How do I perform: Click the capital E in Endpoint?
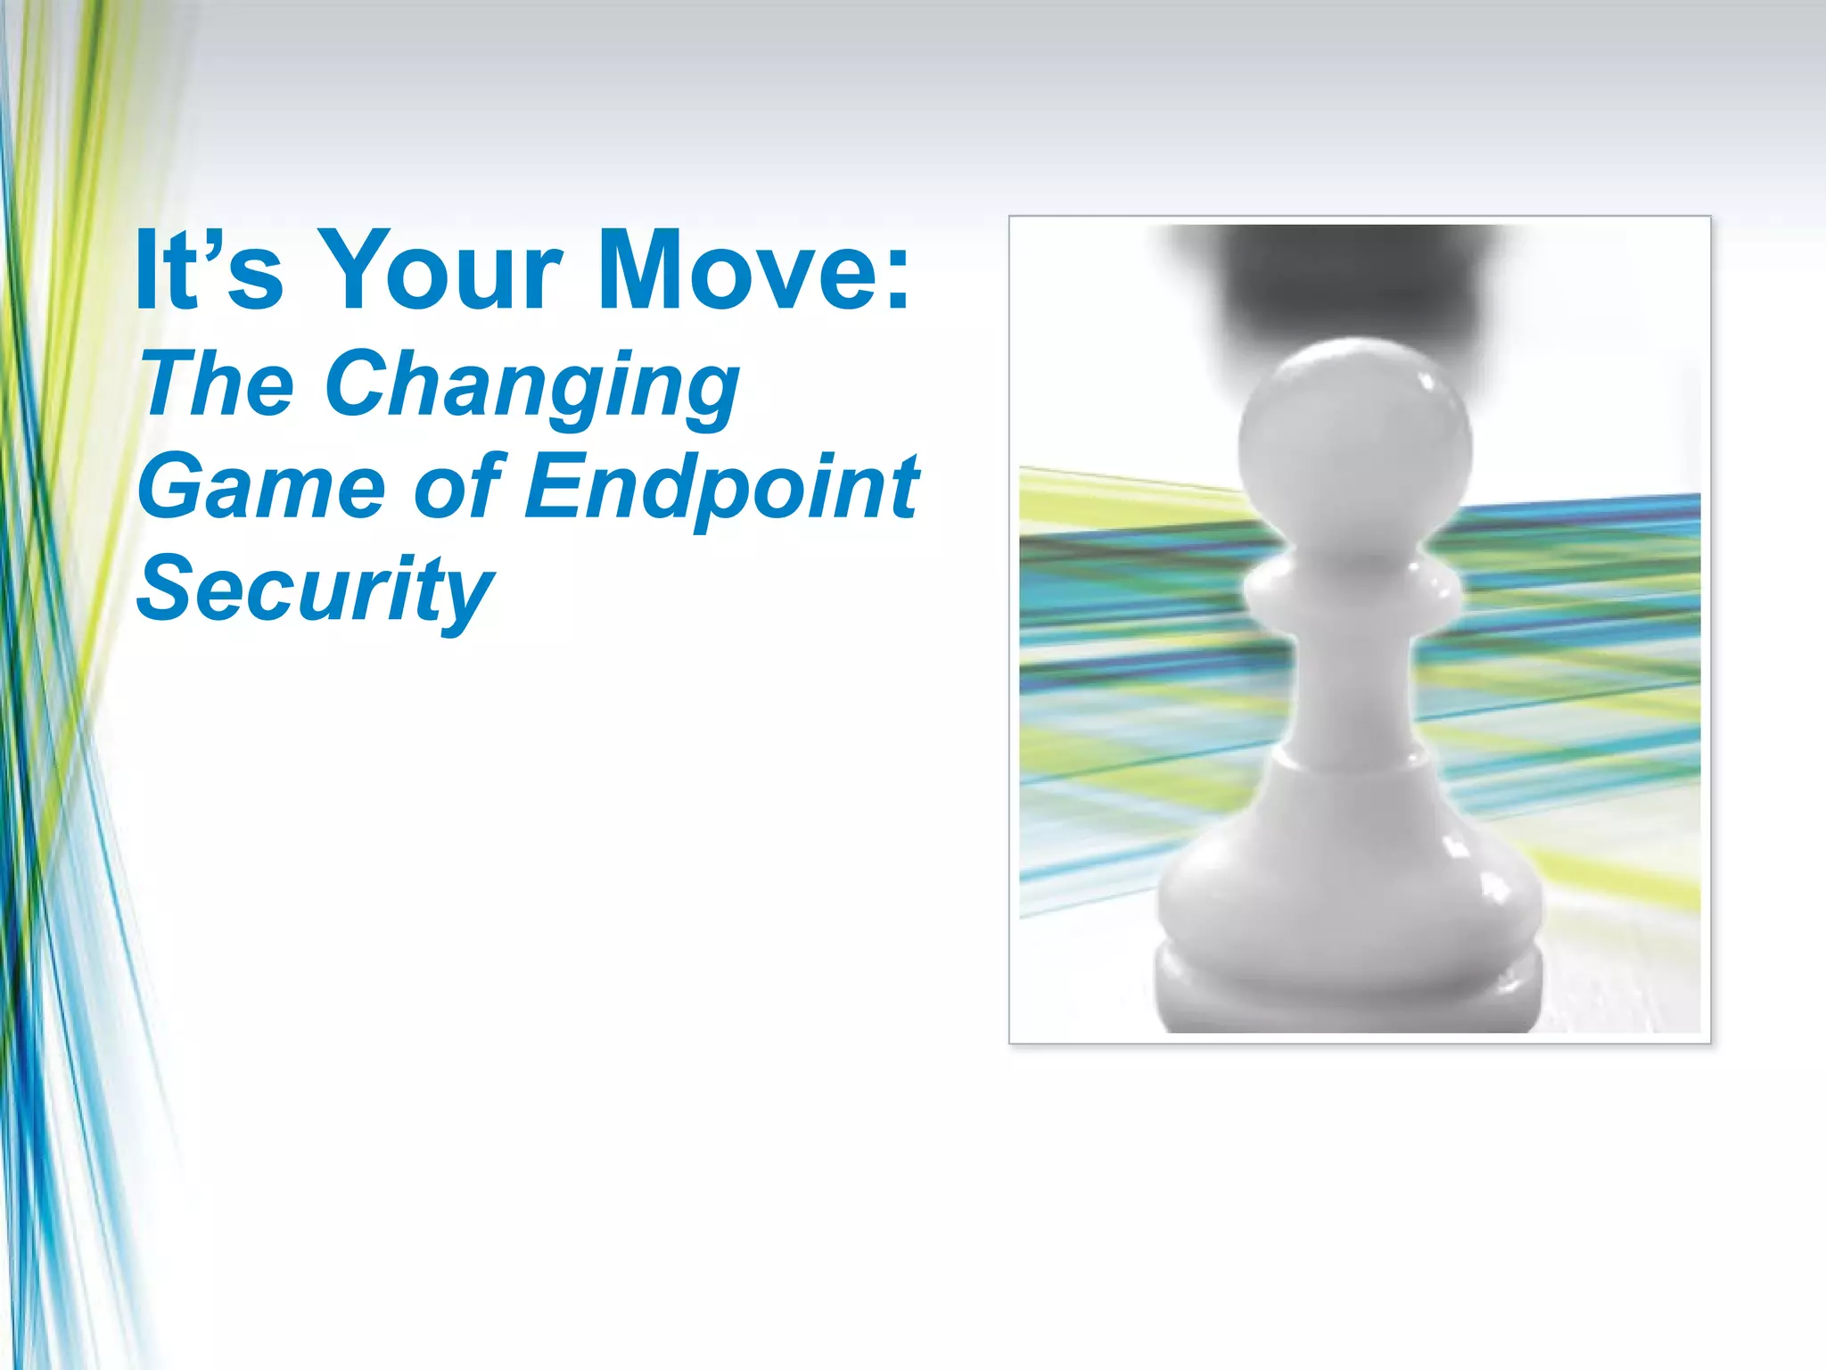point(555,486)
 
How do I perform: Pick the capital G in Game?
point(174,487)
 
